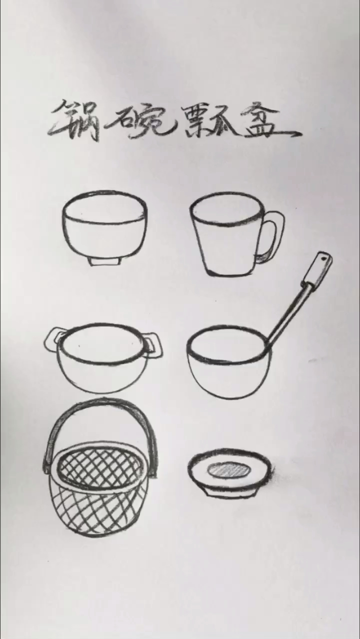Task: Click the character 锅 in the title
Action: point(76,120)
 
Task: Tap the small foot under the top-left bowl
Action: point(105,261)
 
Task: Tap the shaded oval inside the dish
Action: point(228,469)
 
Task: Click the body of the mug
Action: point(227,247)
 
